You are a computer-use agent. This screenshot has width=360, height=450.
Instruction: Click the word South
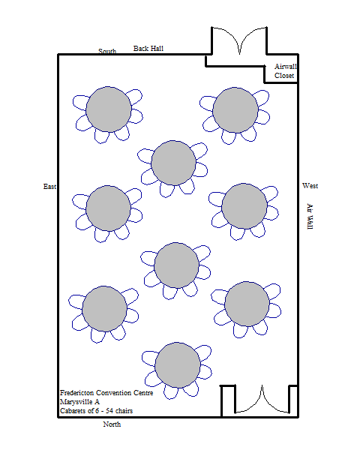107,51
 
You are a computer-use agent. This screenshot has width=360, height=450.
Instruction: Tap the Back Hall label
148,49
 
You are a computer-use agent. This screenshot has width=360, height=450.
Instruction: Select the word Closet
284,76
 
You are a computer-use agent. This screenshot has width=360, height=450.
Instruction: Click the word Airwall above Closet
285,67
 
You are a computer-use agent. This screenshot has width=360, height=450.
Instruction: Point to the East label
49,187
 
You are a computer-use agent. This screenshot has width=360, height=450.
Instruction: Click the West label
310,186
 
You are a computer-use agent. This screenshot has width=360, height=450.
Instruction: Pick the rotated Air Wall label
310,217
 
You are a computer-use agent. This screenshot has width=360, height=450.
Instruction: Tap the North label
112,424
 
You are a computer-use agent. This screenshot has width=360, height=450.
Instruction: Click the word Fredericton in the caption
77,392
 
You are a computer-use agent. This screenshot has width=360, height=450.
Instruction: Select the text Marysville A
79,402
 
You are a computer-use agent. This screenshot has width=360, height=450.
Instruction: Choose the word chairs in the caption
124,411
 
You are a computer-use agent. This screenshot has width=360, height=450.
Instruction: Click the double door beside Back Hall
239,40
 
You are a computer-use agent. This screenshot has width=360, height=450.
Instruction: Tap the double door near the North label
262,400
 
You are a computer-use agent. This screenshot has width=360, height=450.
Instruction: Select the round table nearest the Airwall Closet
235,110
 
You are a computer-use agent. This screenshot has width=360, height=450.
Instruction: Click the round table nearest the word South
109,109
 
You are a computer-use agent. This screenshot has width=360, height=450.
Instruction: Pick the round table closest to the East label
108,208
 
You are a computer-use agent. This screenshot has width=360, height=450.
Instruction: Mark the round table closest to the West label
244,206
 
